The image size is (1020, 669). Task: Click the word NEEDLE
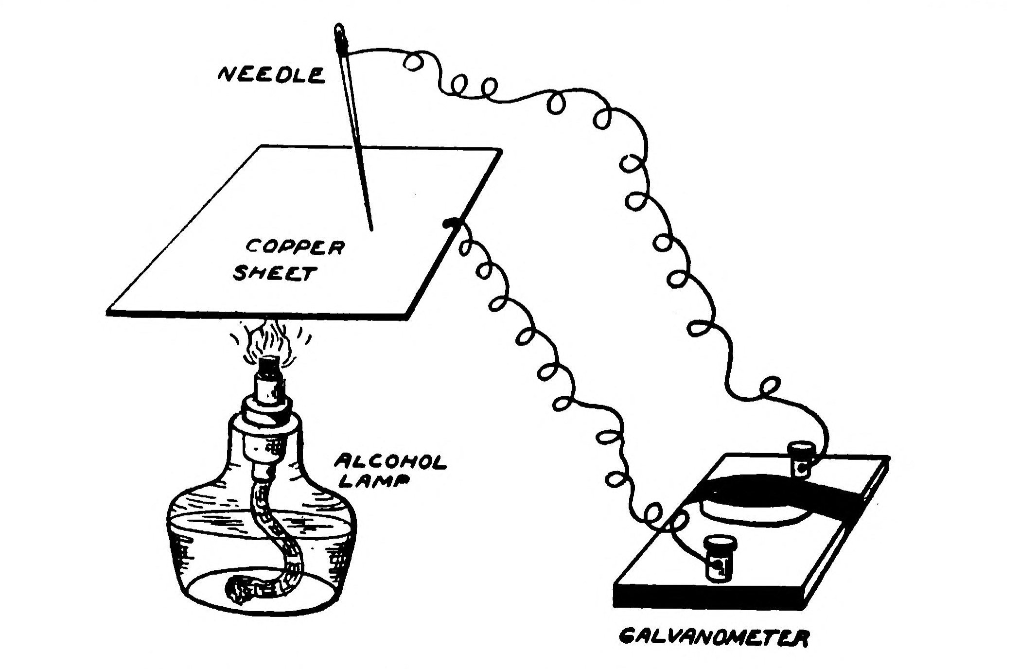point(271,75)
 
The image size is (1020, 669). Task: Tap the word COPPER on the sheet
point(295,247)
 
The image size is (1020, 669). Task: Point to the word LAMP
point(373,481)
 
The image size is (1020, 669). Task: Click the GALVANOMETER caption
point(713,638)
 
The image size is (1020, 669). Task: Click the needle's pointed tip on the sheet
point(372,229)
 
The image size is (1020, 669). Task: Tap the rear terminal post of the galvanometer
point(800,458)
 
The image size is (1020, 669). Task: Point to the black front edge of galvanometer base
point(705,598)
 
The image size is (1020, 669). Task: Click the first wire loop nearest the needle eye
point(414,62)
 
